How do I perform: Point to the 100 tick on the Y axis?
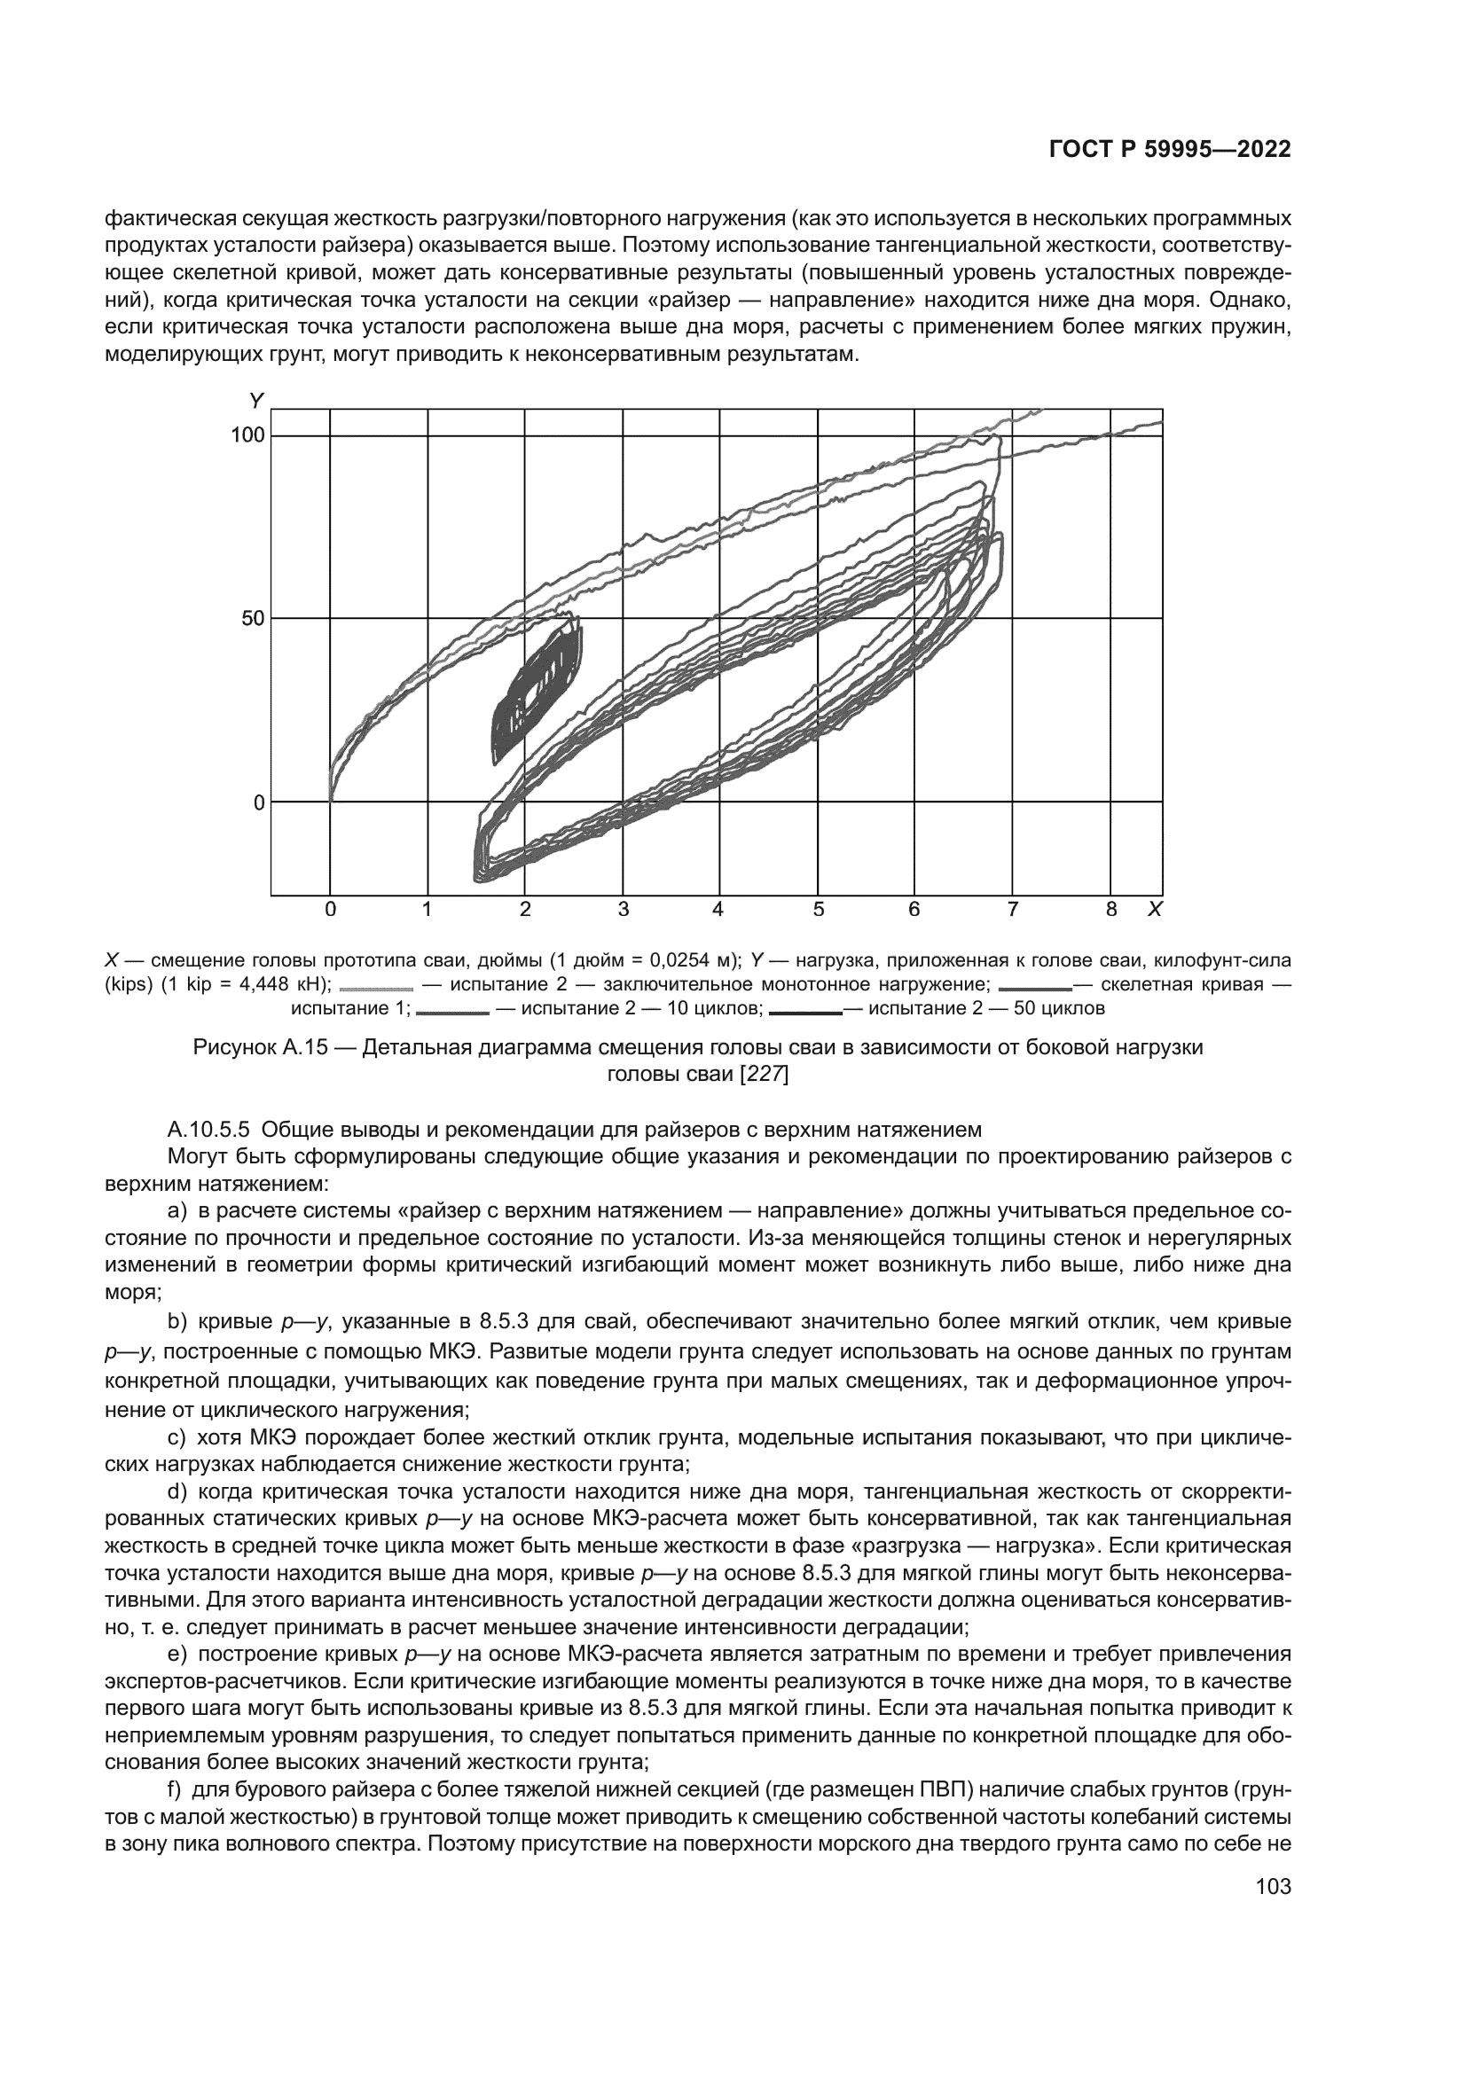click(x=247, y=435)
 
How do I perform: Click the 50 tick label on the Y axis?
click(x=253, y=619)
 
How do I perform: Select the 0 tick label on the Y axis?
click(x=258, y=802)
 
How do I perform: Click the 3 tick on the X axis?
click(x=623, y=910)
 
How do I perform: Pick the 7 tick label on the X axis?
click(x=1012, y=910)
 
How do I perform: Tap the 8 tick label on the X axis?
click(x=1111, y=910)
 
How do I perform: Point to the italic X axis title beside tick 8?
click(x=1154, y=910)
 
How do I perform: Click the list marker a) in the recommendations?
click(x=177, y=1209)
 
